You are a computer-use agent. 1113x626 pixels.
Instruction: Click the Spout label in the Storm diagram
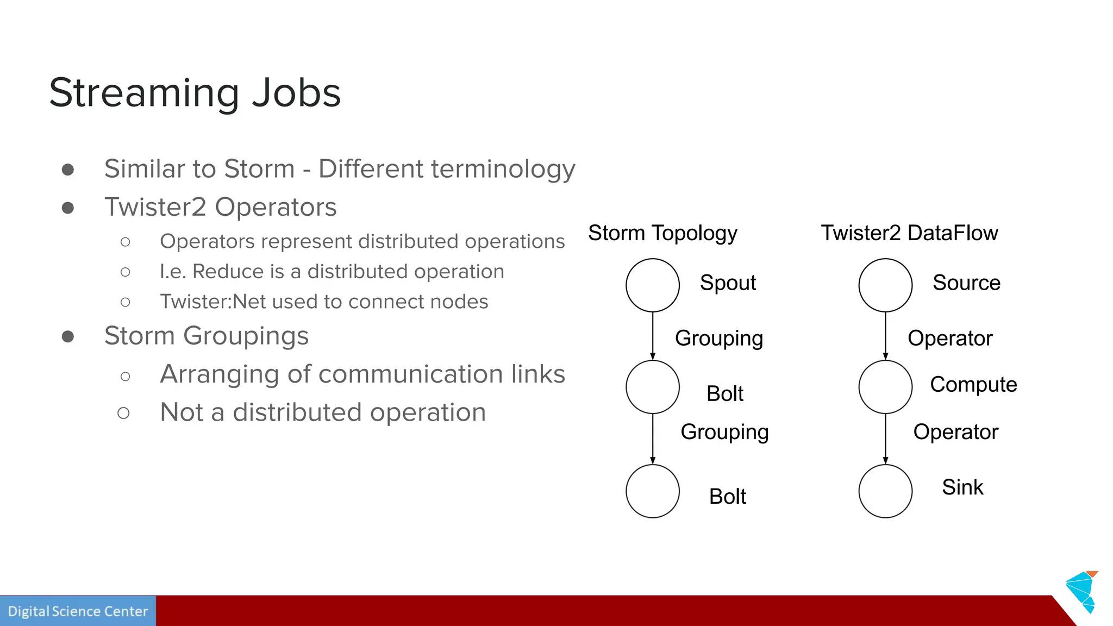click(x=728, y=283)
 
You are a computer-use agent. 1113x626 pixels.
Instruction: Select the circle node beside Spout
click(x=652, y=285)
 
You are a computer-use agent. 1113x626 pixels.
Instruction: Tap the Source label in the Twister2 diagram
click(x=966, y=283)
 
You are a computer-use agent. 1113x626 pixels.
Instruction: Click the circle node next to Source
click(x=885, y=285)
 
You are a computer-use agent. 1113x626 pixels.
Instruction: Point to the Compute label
click(x=973, y=385)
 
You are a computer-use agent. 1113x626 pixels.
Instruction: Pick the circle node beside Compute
click(x=885, y=387)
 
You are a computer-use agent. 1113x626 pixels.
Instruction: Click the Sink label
click(x=962, y=487)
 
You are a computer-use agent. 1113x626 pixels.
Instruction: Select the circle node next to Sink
click(x=885, y=491)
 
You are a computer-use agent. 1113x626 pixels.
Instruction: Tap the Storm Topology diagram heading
click(x=662, y=233)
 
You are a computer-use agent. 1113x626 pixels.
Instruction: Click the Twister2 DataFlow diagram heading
click(x=909, y=233)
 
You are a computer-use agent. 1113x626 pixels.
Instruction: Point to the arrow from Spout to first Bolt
click(x=653, y=336)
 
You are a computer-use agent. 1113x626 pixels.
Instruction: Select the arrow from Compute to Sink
click(x=885, y=439)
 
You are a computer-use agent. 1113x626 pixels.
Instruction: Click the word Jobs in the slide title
click(x=296, y=93)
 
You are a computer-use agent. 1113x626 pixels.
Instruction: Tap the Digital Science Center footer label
click(x=78, y=611)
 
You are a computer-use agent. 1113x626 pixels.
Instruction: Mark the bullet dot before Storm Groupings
click(x=68, y=337)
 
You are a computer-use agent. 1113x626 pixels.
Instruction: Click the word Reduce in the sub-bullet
click(x=238, y=272)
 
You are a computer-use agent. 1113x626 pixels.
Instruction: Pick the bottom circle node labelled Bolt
click(x=652, y=491)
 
